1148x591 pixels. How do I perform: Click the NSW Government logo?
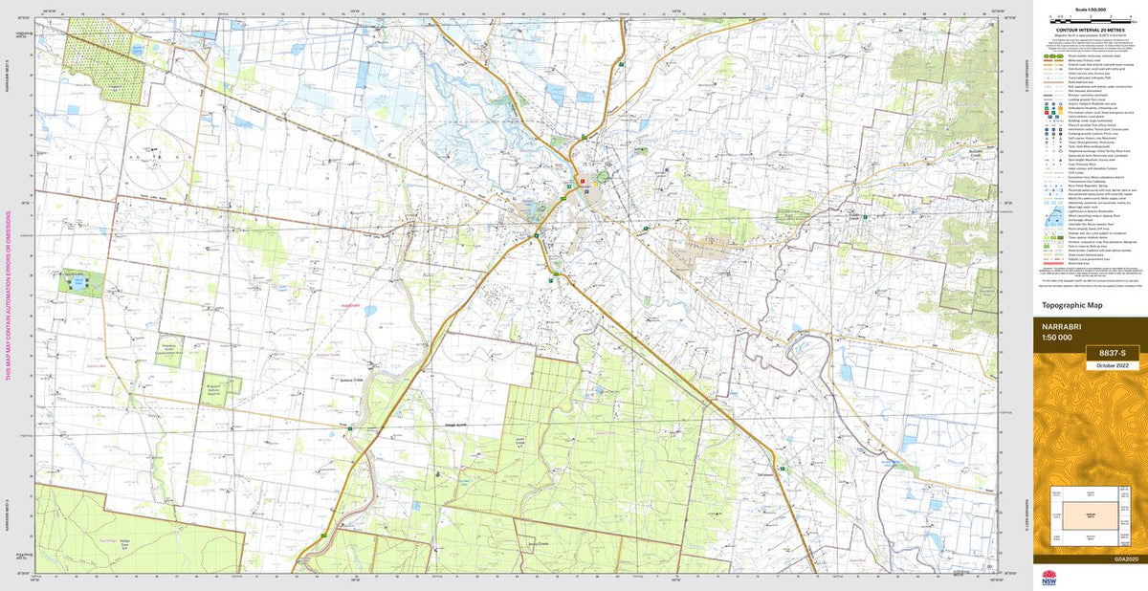pos(1049,576)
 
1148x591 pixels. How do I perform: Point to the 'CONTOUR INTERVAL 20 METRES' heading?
pos(1090,31)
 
